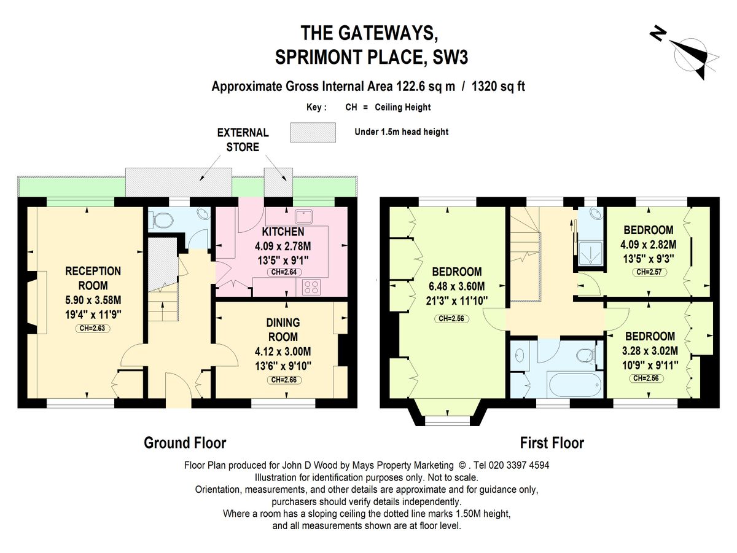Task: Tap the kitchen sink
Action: pyautogui.click(x=304, y=216)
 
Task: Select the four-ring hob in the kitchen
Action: pyautogui.click(x=311, y=288)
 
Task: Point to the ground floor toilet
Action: pyautogui.click(x=162, y=221)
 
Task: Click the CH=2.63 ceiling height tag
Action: pyautogui.click(x=92, y=328)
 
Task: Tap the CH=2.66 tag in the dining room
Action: pyautogui.click(x=284, y=380)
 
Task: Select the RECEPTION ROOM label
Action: pyautogui.click(x=93, y=278)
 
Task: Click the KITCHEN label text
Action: pyautogui.click(x=283, y=232)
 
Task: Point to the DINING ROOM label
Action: pyautogui.click(x=283, y=329)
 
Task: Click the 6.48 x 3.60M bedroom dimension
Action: pyautogui.click(x=457, y=286)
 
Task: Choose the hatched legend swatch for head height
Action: pyautogui.click(x=313, y=132)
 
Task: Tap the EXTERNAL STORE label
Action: pyautogui.click(x=243, y=139)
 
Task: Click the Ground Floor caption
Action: pyautogui.click(x=185, y=443)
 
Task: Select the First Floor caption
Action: pyautogui.click(x=552, y=443)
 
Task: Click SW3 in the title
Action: pyautogui.click(x=450, y=57)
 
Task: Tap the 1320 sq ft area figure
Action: pyautogui.click(x=498, y=86)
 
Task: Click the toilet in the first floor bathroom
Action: pyautogui.click(x=587, y=355)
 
